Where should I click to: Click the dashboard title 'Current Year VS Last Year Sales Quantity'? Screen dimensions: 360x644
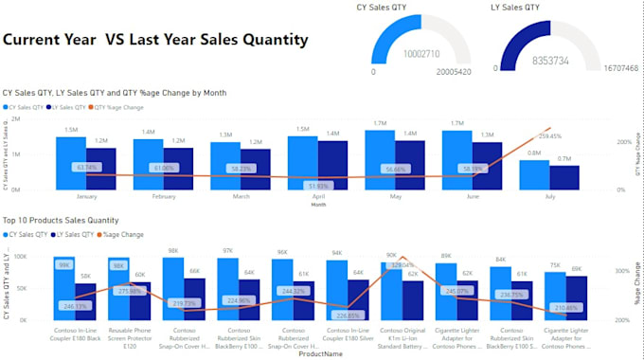pos(155,40)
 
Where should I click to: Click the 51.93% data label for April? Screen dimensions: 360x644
pos(319,186)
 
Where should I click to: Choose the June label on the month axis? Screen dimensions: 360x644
pos(473,197)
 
